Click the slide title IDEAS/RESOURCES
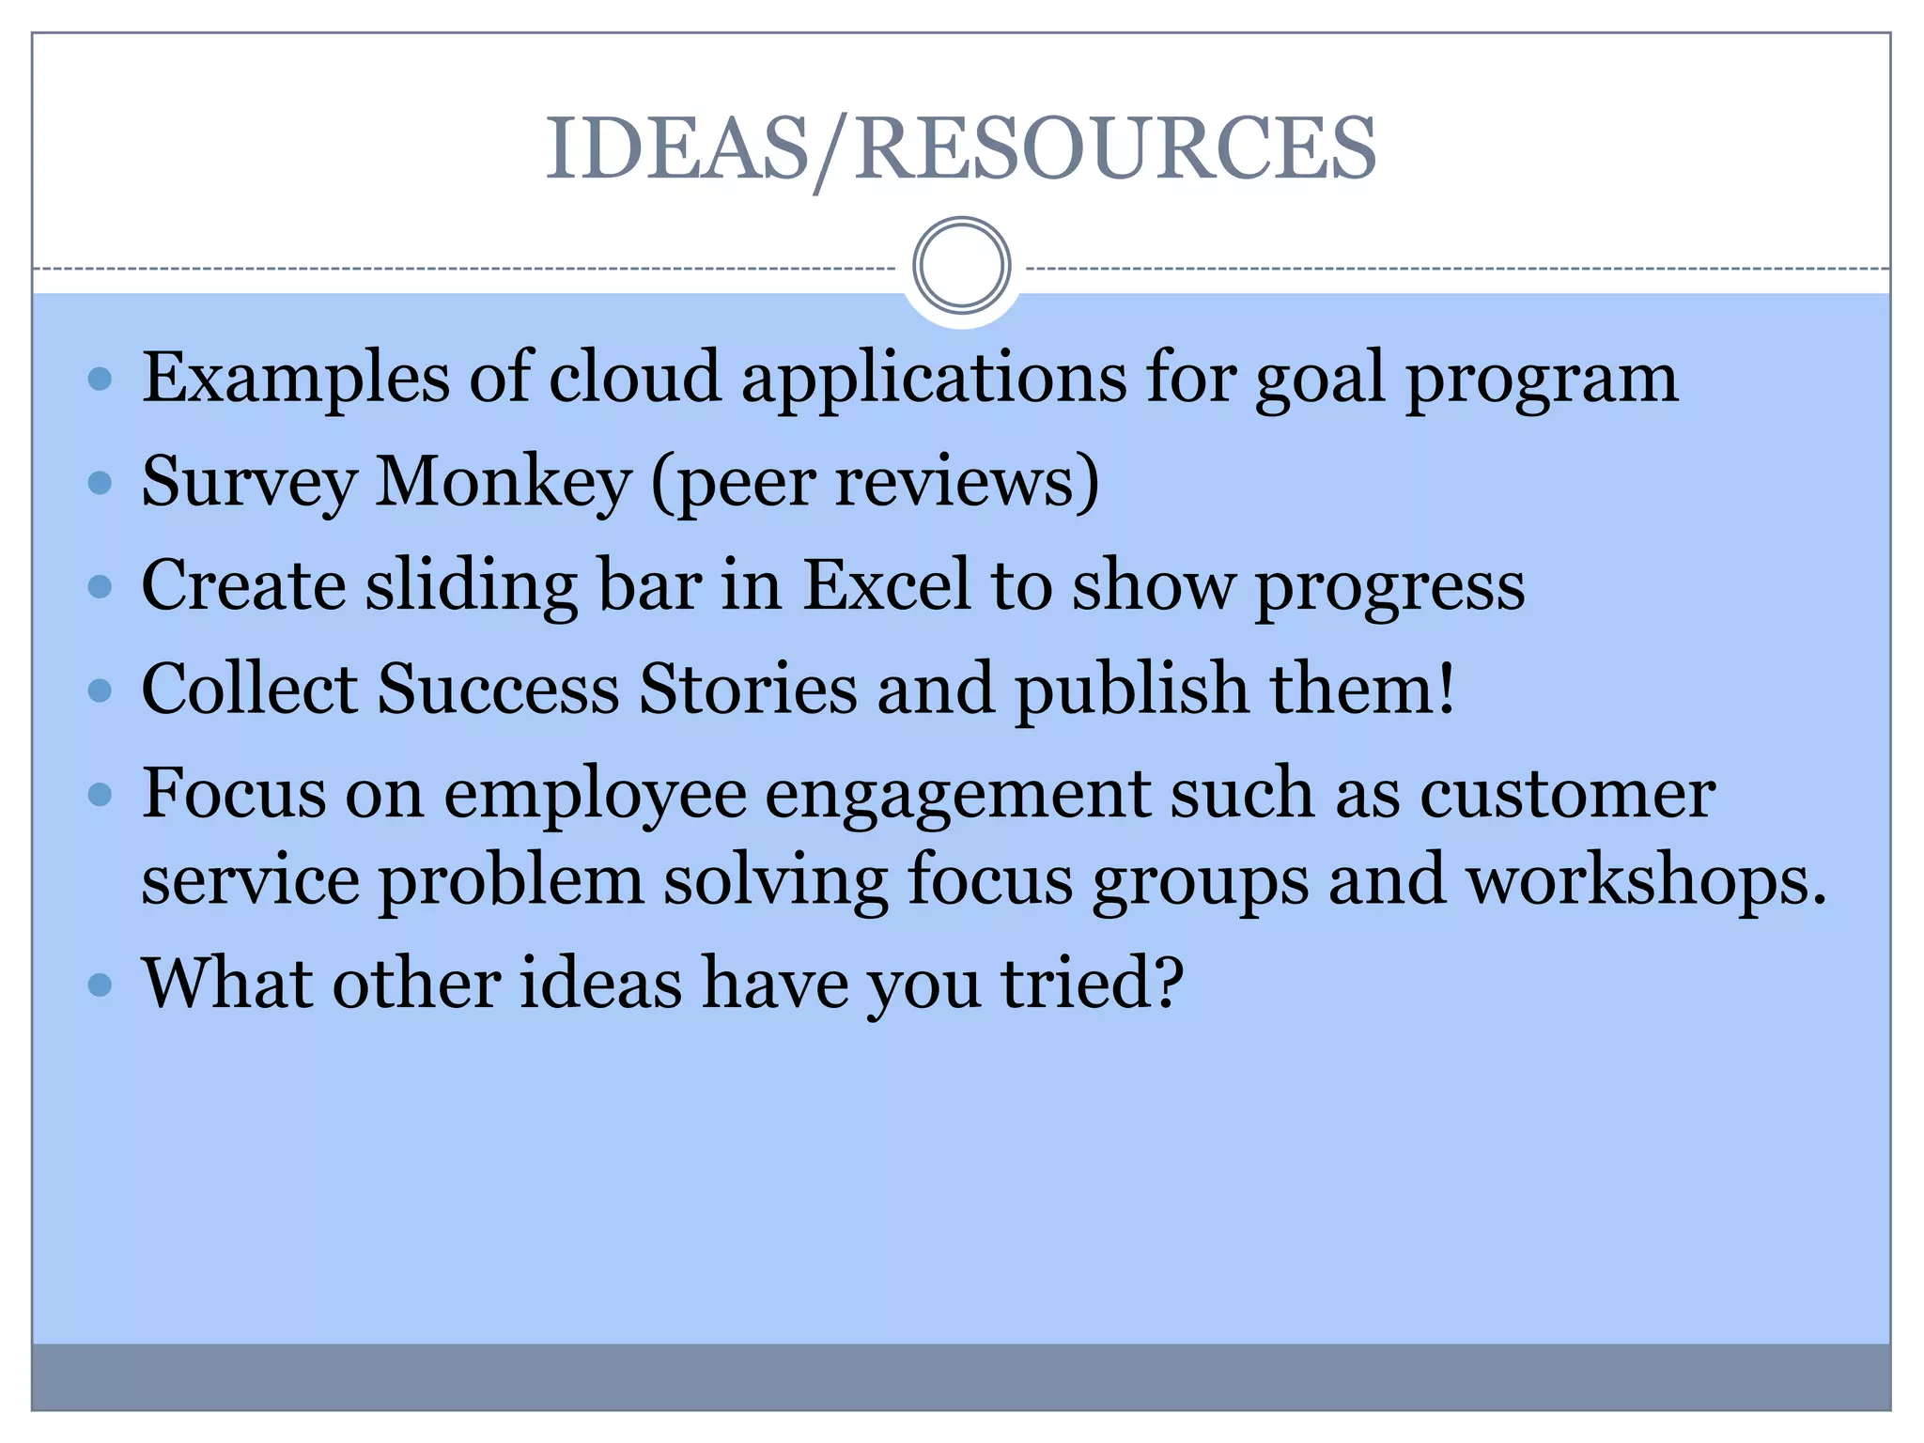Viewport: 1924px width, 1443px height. [960, 147]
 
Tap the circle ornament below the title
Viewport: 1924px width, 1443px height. [961, 266]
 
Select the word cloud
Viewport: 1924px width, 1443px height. [634, 377]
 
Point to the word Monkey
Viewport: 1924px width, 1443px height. [504, 482]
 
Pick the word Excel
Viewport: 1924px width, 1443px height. [886, 585]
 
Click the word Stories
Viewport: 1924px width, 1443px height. [748, 689]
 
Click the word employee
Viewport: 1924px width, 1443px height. [595, 794]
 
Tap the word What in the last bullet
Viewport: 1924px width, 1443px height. [226, 984]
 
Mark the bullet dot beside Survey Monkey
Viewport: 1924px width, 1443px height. [100, 484]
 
